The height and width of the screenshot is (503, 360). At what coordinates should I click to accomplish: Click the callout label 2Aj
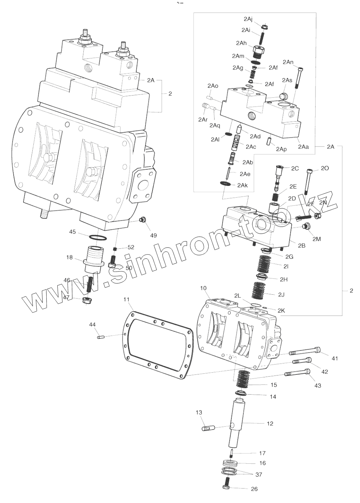(x=248, y=19)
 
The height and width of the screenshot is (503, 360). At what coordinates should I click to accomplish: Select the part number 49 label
(x=153, y=235)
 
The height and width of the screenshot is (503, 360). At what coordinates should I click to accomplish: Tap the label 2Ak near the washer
(x=242, y=186)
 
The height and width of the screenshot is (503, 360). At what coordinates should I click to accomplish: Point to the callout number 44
(x=92, y=324)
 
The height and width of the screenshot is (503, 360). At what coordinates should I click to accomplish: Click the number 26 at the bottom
(x=254, y=489)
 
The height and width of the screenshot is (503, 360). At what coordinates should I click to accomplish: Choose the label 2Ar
(x=203, y=119)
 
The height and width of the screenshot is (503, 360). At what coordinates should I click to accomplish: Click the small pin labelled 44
(x=101, y=337)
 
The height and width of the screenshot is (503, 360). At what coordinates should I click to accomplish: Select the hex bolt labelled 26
(x=227, y=484)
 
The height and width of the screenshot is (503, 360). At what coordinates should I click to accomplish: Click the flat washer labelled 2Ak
(x=225, y=183)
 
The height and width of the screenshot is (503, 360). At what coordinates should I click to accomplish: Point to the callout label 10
(x=203, y=288)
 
